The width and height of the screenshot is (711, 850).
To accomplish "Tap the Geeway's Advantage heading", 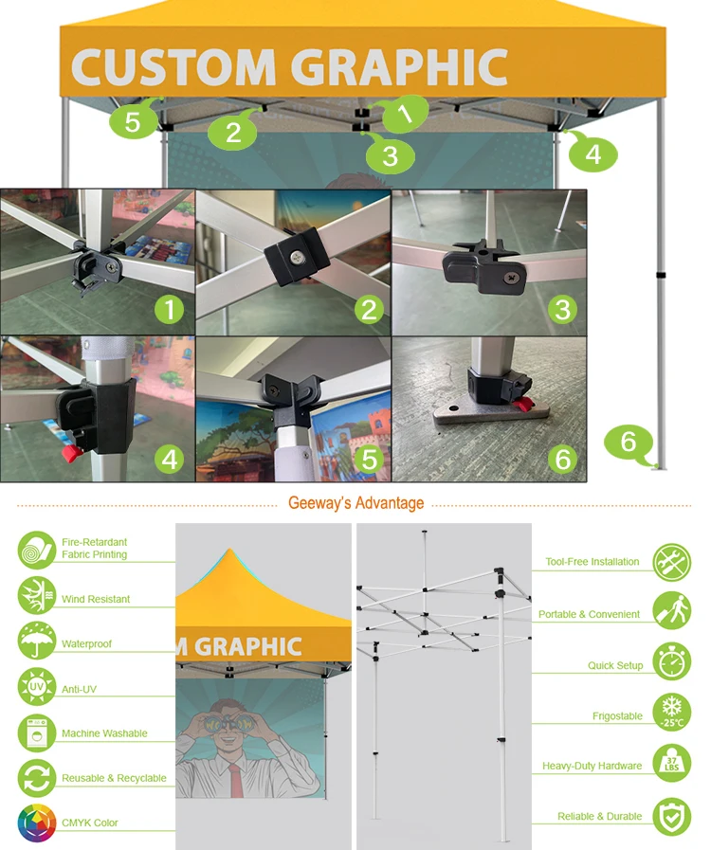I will pyautogui.click(x=355, y=503).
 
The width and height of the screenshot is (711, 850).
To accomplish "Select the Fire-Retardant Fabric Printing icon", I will pyautogui.click(x=37, y=550).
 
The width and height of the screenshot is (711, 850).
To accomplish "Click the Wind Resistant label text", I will pyautogui.click(x=96, y=599).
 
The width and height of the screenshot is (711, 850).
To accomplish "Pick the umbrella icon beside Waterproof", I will pyautogui.click(x=37, y=642).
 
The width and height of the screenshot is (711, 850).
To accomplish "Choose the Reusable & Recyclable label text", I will pyautogui.click(x=114, y=778).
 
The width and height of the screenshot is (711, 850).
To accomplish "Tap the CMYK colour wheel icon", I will pyautogui.click(x=37, y=823).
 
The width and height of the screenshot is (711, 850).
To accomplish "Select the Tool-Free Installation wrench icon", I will pyautogui.click(x=672, y=563).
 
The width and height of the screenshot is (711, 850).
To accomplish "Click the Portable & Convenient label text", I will pyautogui.click(x=589, y=614).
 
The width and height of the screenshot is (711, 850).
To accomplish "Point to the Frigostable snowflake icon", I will pyautogui.click(x=672, y=714).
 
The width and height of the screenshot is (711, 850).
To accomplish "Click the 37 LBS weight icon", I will pyautogui.click(x=672, y=764).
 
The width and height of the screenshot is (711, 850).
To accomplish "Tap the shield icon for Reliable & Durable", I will pyautogui.click(x=672, y=816).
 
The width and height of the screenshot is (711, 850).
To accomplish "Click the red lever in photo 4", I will pyautogui.click(x=68, y=457).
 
